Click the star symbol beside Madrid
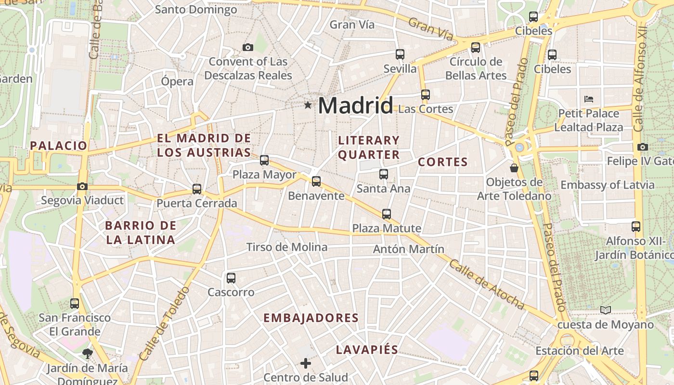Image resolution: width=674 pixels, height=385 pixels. coord(308,105)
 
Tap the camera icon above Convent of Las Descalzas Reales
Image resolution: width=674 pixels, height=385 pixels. coord(248,47)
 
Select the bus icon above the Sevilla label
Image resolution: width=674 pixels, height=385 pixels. coord(400,54)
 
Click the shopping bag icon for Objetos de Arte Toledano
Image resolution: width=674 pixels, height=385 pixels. coord(514,168)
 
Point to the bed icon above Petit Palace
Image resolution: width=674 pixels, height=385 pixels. coord(588,99)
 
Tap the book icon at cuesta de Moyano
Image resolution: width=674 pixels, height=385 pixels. coord(605,310)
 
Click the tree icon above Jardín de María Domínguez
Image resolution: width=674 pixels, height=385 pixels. coord(87,354)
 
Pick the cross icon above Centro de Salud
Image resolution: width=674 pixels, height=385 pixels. coord(306,363)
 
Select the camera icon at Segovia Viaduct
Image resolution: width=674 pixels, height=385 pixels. coord(82,186)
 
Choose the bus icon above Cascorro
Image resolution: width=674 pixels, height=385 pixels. coord(231,278)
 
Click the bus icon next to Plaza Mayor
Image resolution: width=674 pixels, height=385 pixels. coord(264,160)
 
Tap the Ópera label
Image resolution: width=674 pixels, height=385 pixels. coord(177,81)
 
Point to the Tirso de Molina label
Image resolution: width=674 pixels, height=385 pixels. coord(286,247)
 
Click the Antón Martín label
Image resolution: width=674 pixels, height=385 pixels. coord(408,249)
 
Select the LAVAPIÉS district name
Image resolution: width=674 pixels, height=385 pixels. coord(367,350)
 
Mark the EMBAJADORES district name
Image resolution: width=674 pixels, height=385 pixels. coord(311,318)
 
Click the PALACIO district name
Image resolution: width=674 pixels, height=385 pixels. coord(59,145)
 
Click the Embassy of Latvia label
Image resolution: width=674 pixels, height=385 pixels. coord(608,185)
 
